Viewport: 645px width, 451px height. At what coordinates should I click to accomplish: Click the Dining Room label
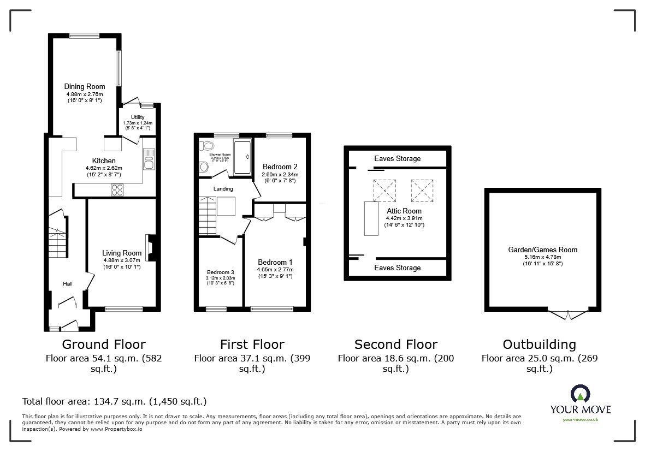84,87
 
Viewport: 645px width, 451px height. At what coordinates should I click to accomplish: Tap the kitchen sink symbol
149,160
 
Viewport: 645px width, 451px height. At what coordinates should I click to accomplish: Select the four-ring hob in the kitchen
117,189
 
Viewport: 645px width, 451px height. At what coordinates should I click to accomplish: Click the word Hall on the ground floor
68,284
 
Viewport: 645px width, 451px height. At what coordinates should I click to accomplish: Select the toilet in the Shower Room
207,146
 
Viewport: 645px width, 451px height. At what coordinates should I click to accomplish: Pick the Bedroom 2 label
280,167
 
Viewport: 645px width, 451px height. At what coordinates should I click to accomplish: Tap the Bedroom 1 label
275,262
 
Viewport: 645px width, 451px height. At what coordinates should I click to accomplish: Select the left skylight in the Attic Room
384,191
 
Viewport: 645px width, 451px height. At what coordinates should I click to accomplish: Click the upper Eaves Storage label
397,158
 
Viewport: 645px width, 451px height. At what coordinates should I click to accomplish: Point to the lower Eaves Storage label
397,268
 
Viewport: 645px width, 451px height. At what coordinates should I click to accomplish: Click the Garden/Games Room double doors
569,314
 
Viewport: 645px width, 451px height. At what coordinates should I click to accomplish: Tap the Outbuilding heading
539,345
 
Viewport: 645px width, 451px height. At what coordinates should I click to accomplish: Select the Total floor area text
114,401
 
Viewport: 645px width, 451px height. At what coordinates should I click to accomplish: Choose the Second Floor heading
395,345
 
